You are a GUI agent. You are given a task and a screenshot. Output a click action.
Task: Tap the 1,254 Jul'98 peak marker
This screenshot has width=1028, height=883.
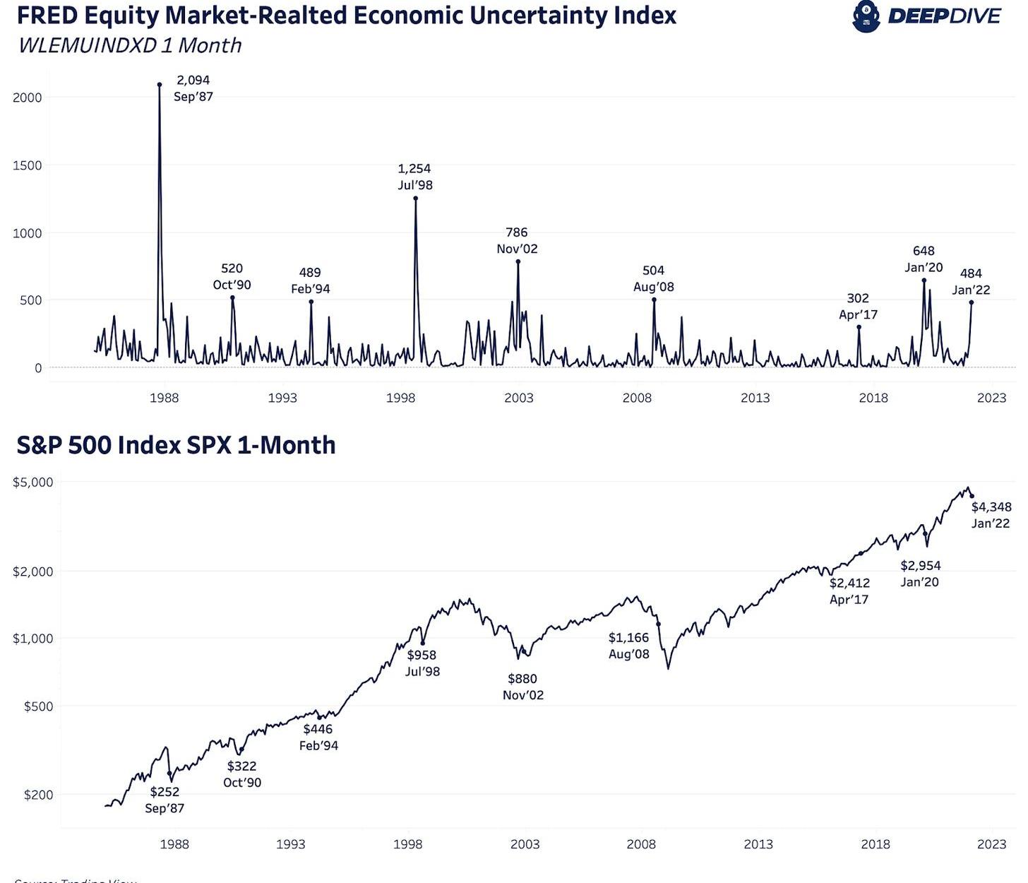pyautogui.click(x=416, y=198)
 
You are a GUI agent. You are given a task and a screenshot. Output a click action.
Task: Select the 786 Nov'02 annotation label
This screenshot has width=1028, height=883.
pyautogui.click(x=517, y=241)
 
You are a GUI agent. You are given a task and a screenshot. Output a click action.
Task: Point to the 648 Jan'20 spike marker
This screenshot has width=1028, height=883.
pyautogui.click(x=924, y=280)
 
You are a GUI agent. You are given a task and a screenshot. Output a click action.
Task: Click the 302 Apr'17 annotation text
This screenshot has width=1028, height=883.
pyautogui.click(x=858, y=307)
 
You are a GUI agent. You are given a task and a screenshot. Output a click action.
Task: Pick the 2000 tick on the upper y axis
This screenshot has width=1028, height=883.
pyautogui.click(x=28, y=97)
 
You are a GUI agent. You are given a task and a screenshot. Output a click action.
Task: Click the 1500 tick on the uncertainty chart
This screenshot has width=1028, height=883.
pyautogui.click(x=28, y=165)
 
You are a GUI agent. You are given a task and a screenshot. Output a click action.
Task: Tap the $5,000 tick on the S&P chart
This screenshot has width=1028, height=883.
pyautogui.click(x=33, y=482)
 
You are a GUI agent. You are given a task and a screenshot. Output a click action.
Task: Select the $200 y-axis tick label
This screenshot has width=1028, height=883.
pyautogui.click(x=38, y=795)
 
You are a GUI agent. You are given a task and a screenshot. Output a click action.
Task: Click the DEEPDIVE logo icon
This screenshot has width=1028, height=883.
pyautogui.click(x=866, y=16)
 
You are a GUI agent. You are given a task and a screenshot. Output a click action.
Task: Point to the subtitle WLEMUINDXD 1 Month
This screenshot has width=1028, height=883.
pyautogui.click(x=130, y=45)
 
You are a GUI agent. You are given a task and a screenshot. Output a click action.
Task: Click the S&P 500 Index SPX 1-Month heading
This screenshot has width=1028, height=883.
pyautogui.click(x=176, y=445)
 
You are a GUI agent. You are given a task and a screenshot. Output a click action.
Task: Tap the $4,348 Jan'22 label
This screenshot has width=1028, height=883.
pyautogui.click(x=991, y=515)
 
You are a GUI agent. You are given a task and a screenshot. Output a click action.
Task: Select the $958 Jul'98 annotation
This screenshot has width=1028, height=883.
pyautogui.click(x=422, y=663)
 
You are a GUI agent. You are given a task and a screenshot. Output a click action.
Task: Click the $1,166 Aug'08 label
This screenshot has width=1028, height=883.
pyautogui.click(x=628, y=646)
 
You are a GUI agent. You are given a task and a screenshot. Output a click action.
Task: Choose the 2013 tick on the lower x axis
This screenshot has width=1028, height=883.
pyautogui.click(x=758, y=844)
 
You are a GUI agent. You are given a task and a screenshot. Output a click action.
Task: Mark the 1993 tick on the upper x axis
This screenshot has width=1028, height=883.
pyautogui.click(x=282, y=398)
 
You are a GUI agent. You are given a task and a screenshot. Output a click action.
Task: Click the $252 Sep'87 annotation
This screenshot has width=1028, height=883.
pyautogui.click(x=165, y=800)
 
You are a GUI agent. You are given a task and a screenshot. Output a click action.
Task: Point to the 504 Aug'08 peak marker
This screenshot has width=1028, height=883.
pyautogui.click(x=654, y=300)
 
